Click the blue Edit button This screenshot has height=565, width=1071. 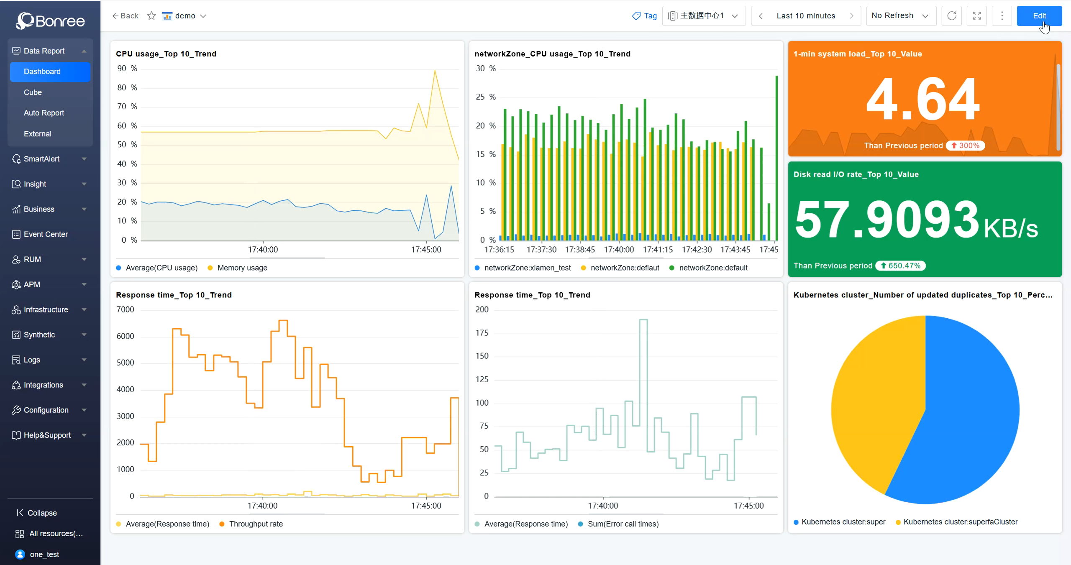click(x=1039, y=16)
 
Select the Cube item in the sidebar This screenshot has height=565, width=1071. click(x=33, y=92)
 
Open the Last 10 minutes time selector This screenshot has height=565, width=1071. click(x=805, y=16)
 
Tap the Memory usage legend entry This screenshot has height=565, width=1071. click(x=242, y=268)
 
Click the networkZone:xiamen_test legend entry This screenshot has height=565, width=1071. click(x=527, y=268)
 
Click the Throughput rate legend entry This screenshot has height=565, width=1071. click(x=255, y=524)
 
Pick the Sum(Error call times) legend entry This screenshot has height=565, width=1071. click(x=623, y=524)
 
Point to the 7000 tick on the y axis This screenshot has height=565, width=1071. click(x=125, y=309)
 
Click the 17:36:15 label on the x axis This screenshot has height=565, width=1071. click(x=499, y=250)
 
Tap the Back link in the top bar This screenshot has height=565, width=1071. click(x=125, y=16)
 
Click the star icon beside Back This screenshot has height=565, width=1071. click(x=151, y=16)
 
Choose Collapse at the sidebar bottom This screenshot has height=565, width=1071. click(x=41, y=513)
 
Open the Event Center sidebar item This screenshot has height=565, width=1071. click(x=46, y=234)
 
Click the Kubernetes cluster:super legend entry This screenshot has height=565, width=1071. click(x=843, y=522)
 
